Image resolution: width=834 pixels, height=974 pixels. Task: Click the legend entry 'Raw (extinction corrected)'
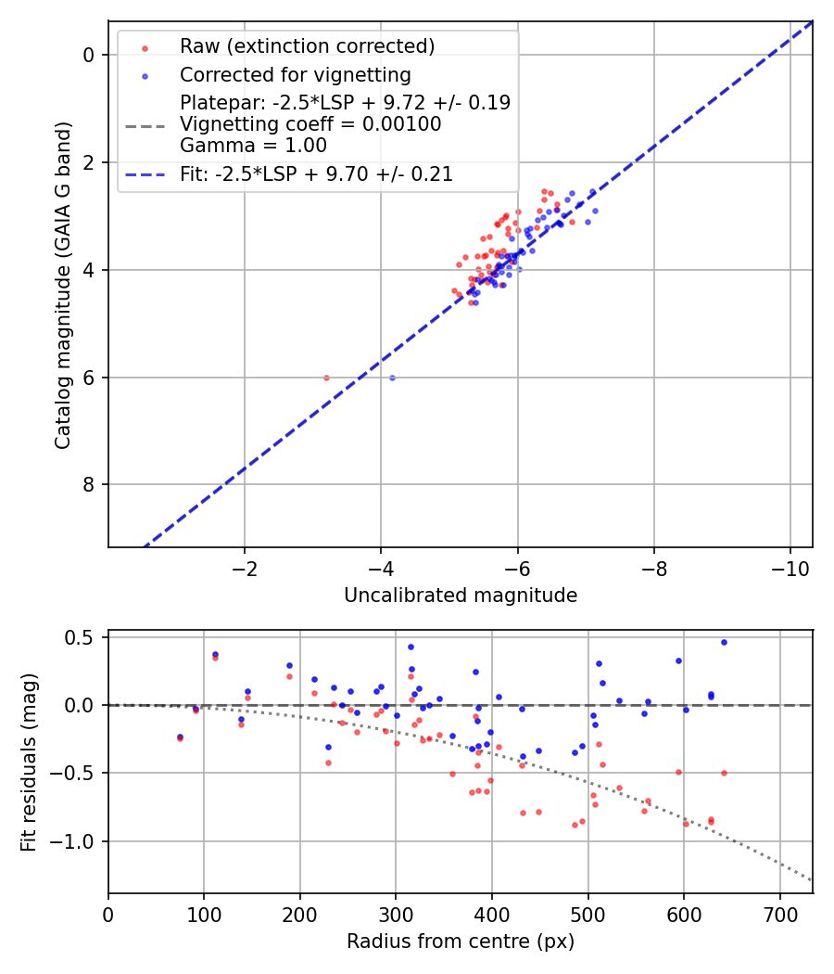(307, 45)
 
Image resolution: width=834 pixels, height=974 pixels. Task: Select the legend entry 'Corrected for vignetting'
(295, 74)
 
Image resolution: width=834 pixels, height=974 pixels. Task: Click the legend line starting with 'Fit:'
(316, 173)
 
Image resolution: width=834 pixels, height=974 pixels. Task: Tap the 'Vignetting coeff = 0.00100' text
(310, 123)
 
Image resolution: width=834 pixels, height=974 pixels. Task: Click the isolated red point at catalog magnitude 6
(326, 378)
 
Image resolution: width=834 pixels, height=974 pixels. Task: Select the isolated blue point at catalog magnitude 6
(392, 378)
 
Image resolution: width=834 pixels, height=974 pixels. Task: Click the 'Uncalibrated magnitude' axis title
(461, 596)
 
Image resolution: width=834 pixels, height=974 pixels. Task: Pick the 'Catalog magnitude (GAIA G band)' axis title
(63, 284)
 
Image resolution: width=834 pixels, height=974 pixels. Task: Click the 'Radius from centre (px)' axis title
(461, 942)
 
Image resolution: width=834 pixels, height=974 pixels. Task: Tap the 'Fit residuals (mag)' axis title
(29, 762)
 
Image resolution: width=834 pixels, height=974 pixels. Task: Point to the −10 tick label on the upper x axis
(790, 568)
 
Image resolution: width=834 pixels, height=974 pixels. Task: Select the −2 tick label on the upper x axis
(245, 568)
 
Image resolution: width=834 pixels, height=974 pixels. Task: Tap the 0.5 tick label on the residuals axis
(82, 637)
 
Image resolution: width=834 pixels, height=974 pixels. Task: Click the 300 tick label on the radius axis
(396, 915)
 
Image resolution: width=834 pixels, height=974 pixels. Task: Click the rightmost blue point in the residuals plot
(724, 642)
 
